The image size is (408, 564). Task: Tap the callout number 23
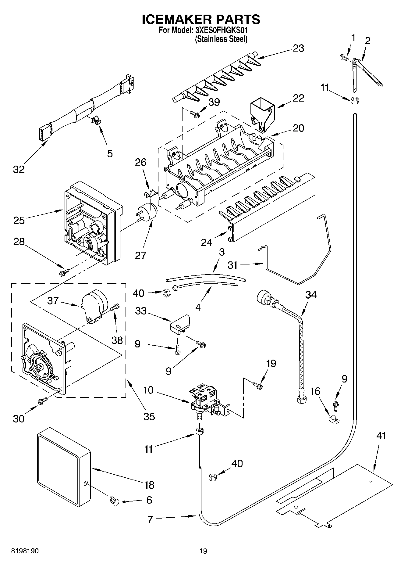[x=298, y=48]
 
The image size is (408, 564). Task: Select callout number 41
[x=381, y=436]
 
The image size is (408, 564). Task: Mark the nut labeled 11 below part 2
[x=354, y=101]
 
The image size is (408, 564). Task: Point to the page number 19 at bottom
[x=203, y=551]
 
